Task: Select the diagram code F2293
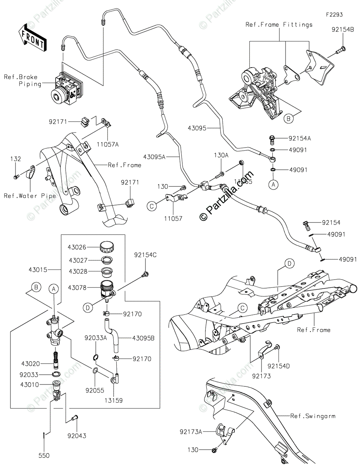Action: pos(334,15)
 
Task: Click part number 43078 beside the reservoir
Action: pos(77,288)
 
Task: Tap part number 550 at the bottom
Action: pos(44,456)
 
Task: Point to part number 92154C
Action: pos(145,255)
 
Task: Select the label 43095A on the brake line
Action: pos(154,156)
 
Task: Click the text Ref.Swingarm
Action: pos(313,416)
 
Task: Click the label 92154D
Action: pos(279,366)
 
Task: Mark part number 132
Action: pos(16,159)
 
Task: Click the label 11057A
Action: pos(109,144)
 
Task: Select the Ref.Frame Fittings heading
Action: pos(279,25)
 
